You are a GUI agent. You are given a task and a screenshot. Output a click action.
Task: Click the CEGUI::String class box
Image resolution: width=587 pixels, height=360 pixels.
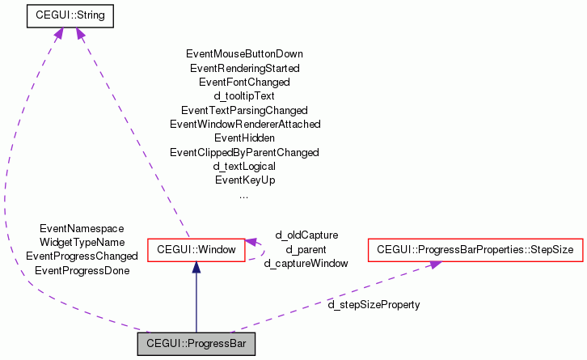click(70, 15)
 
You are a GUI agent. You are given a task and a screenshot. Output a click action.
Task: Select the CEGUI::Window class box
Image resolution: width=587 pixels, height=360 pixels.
click(196, 250)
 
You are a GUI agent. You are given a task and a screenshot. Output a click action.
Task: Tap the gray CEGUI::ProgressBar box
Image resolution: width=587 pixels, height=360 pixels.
click(196, 344)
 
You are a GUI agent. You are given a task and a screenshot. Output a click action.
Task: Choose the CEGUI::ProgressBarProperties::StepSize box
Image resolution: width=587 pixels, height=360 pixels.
click(475, 250)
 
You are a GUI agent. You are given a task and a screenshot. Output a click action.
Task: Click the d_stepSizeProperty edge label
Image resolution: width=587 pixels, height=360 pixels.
click(374, 305)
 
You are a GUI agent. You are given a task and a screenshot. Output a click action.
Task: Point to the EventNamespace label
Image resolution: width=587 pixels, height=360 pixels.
click(82, 229)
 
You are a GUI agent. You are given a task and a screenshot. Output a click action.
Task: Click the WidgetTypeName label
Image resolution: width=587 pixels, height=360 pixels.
click(82, 242)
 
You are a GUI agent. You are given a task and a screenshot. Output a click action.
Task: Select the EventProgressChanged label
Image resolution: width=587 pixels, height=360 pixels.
click(82, 256)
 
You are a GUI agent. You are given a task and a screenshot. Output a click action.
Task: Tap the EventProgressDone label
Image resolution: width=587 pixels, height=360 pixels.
click(82, 270)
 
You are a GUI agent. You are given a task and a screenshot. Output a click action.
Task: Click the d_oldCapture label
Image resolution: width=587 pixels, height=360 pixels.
click(306, 235)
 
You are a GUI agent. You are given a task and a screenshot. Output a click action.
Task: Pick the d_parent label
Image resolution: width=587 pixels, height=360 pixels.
click(306, 249)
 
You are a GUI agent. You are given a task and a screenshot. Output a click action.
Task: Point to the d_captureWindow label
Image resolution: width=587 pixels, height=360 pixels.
click(306, 263)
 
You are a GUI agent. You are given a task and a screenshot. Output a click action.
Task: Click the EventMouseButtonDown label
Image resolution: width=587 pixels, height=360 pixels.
click(244, 54)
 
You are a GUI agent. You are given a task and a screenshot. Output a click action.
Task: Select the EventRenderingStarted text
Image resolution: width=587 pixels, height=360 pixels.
click(244, 68)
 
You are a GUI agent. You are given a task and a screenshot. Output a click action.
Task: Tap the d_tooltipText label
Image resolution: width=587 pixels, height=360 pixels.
click(244, 95)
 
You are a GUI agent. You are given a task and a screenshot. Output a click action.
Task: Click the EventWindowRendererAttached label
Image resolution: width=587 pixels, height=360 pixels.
click(244, 124)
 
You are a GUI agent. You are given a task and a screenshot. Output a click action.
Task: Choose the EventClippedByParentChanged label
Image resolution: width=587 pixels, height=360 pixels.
click(244, 152)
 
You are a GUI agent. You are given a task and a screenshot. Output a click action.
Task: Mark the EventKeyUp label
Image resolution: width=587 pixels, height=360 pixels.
click(244, 180)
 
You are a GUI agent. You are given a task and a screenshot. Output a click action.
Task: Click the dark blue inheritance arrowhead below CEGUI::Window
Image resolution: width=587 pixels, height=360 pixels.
click(196, 268)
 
